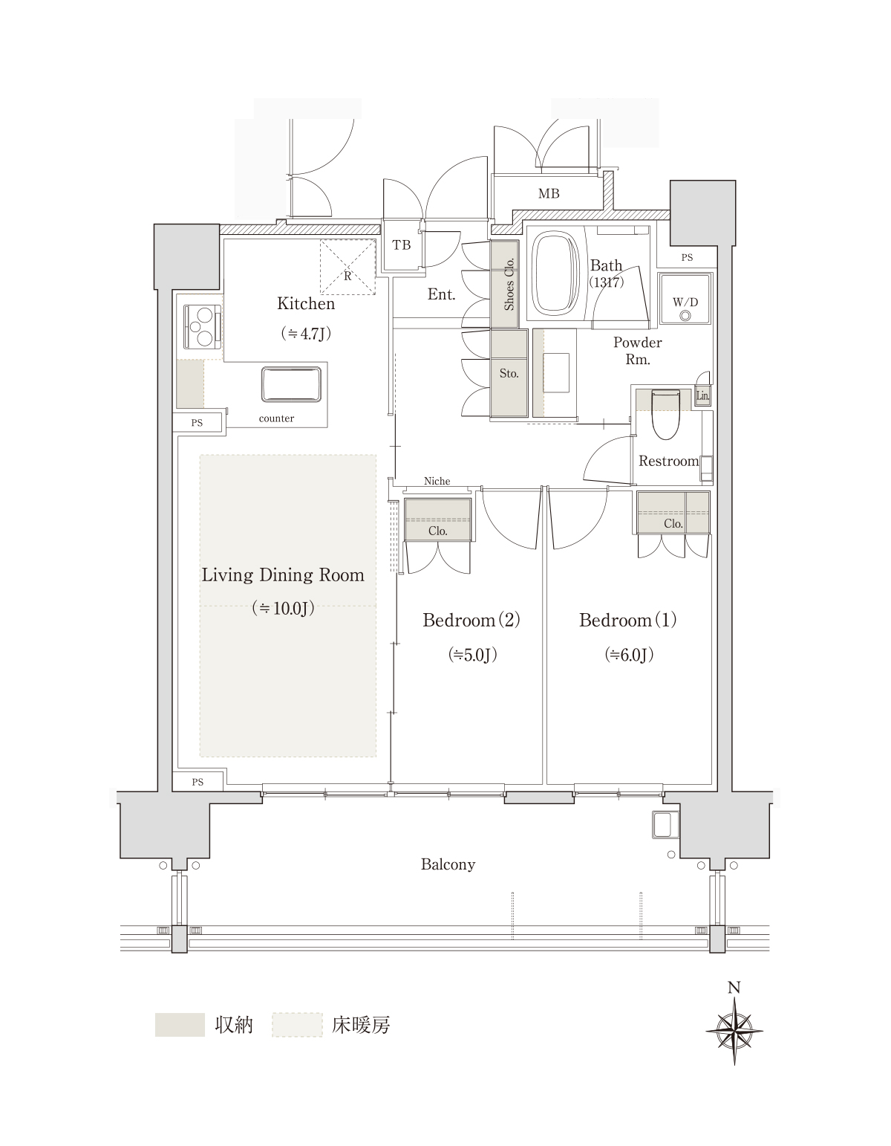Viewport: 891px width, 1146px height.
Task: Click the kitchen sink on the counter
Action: pos(291,384)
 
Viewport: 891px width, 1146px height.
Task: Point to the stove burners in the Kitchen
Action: pos(202,327)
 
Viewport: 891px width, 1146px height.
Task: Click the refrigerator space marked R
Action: pos(347,267)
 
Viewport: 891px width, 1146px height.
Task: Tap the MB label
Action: pos(549,193)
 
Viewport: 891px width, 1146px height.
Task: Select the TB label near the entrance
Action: pos(402,245)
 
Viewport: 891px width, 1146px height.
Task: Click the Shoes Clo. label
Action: pos(509,284)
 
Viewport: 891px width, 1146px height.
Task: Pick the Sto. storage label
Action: pos(509,373)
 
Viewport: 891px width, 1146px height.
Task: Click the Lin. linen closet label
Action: pos(702,395)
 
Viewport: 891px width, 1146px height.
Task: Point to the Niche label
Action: pos(437,481)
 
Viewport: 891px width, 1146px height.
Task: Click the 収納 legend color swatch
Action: pos(180,1025)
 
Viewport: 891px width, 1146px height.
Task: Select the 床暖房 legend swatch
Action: pos(297,1025)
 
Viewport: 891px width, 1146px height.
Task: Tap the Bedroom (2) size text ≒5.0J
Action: pos(473,655)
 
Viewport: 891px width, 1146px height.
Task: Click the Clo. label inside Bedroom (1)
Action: pos(673,524)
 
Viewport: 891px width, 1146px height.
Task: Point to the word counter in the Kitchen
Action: pos(276,418)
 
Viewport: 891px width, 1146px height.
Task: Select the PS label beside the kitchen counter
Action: pos(197,422)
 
